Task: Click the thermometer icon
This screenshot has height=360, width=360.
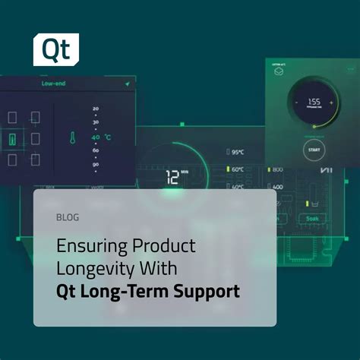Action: click(71, 138)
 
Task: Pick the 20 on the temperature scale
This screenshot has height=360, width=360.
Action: click(96, 109)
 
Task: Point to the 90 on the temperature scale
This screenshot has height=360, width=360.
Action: click(96, 163)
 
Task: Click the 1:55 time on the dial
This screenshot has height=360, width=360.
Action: click(312, 101)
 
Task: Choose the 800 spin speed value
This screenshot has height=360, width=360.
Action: click(277, 169)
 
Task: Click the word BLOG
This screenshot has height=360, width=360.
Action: click(67, 217)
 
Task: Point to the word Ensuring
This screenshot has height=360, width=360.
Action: click(85, 246)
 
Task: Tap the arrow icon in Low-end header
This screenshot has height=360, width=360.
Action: click(128, 83)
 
